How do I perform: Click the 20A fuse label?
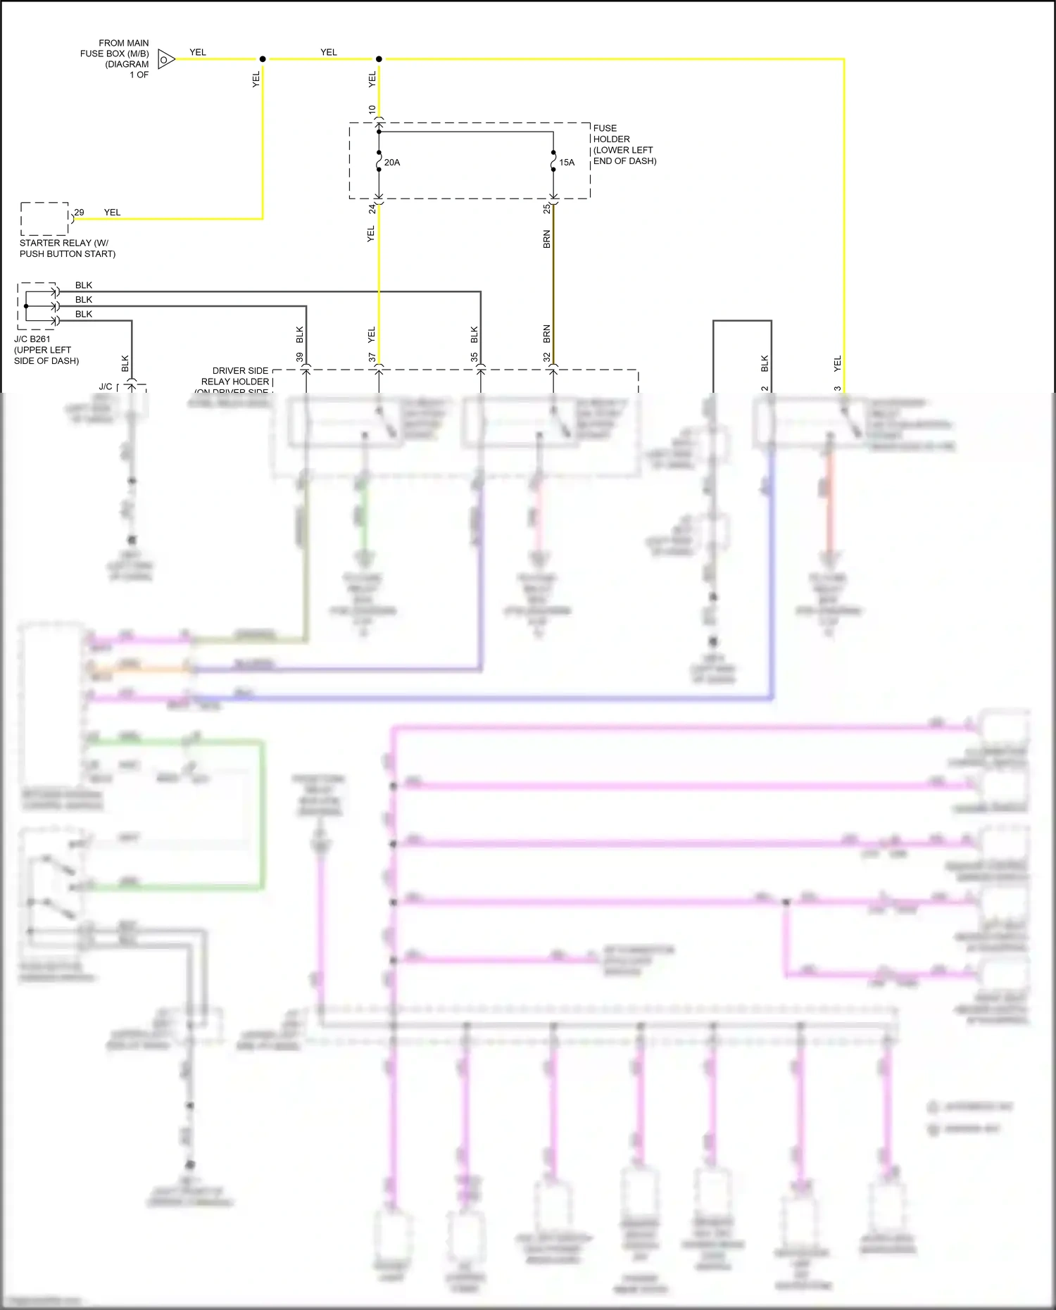[x=392, y=163]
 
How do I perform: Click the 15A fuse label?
[x=567, y=163]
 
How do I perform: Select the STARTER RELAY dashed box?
[x=44, y=219]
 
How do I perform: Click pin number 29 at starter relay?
[x=79, y=212]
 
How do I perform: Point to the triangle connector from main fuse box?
[x=165, y=59]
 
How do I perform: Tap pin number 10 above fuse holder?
[x=372, y=110]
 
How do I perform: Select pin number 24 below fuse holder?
[x=372, y=209]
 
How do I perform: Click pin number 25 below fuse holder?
[x=546, y=209]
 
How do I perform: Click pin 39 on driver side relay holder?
[x=299, y=358]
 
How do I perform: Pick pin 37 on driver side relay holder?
[x=372, y=358]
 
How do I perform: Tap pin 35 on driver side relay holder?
[x=474, y=358]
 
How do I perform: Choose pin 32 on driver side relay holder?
[x=546, y=358]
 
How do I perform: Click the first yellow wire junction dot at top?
[x=263, y=59]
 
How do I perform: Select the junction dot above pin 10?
[x=379, y=59]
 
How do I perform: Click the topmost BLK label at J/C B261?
[x=84, y=285]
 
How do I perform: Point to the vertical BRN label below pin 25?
[x=546, y=239]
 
